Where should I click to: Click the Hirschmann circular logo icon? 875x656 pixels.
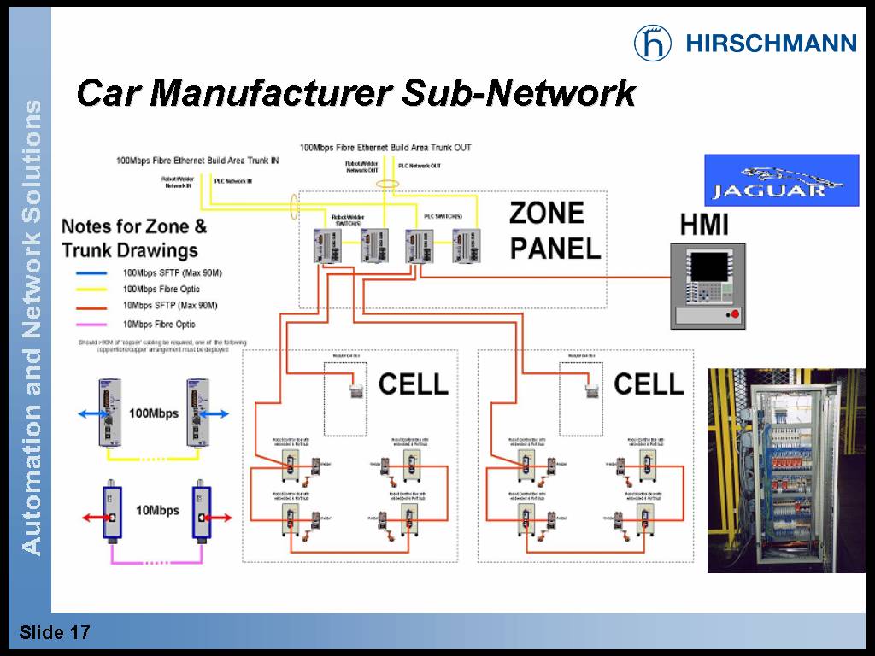652,43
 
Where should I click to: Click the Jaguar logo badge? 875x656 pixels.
781,180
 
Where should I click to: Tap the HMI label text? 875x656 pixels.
704,225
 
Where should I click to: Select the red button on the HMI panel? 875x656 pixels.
732,316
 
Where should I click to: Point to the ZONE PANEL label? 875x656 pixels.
555,231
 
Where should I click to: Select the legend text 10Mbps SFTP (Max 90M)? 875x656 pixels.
170,305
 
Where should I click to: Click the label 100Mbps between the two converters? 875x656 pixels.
154,413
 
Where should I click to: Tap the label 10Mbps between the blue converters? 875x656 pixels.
158,510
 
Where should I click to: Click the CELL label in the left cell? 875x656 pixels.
413,384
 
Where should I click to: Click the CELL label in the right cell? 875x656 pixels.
649,384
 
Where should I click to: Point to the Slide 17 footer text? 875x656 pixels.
55,633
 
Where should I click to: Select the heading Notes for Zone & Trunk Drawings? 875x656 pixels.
134,238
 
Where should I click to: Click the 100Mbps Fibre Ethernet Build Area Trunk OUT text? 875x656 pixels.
385,148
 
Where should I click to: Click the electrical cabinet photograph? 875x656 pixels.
785,470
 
